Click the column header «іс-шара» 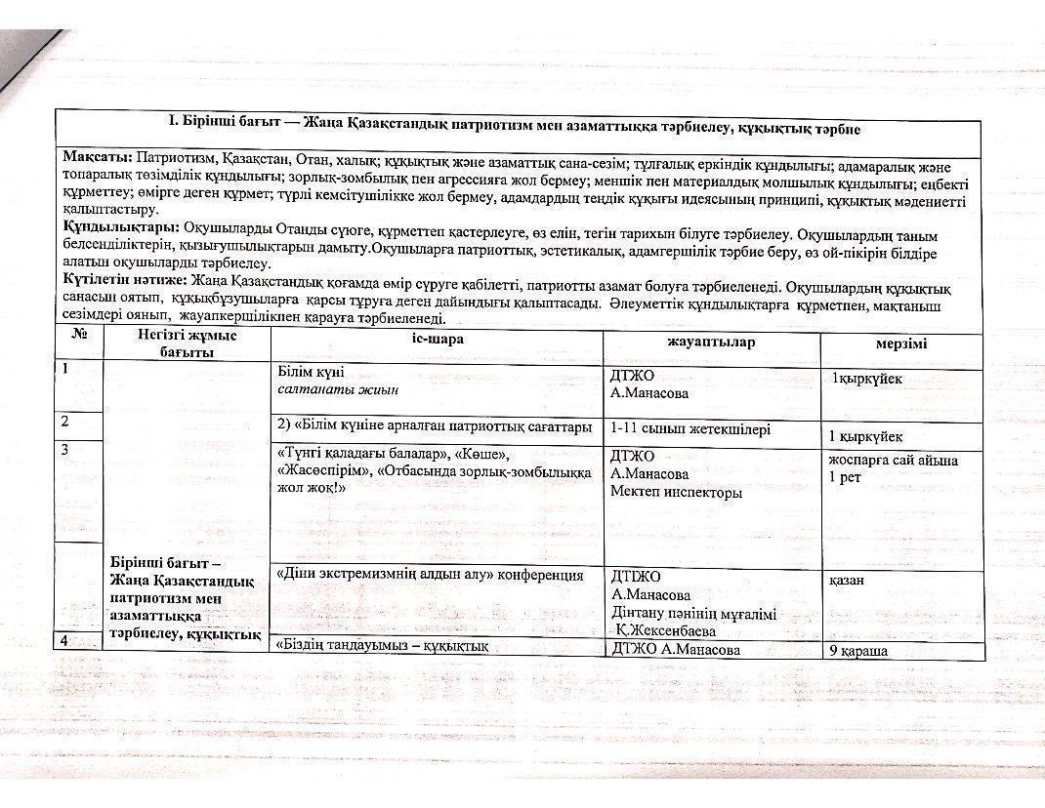(x=436, y=342)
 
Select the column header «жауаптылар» (x=711, y=342)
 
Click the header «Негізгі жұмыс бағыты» (x=186, y=343)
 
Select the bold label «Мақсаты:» (x=97, y=156)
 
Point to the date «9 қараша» (x=857, y=650)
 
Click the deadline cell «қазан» (x=846, y=580)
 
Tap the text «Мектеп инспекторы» (x=676, y=493)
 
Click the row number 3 (x=64, y=450)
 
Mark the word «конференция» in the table (x=541, y=575)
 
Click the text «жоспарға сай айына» (x=893, y=460)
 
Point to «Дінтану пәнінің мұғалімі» (x=693, y=614)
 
